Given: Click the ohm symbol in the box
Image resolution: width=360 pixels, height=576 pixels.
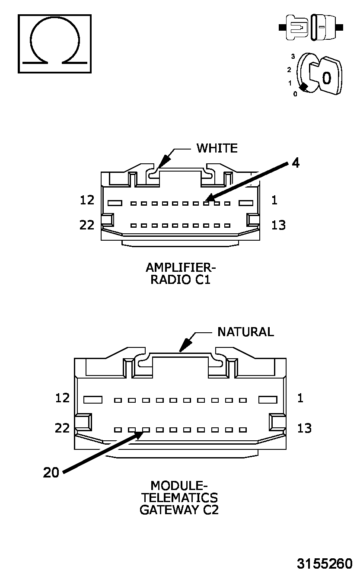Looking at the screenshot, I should pos(54,43).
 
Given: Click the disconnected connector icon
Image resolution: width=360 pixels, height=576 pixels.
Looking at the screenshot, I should pos(311,27).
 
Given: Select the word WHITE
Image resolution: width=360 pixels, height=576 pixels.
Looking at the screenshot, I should pos(217,148).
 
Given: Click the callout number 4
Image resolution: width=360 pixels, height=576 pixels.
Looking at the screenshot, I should pos(295,163).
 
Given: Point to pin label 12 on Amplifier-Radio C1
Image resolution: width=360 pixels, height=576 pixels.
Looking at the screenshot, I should pos(87,200).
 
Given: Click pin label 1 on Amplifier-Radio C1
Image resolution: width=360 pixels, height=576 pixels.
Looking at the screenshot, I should pos(274,200).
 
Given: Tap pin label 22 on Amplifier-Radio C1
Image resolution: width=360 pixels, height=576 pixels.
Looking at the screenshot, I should pos(87,225).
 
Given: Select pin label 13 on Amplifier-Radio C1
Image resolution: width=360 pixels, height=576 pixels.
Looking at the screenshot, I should pos(279,225).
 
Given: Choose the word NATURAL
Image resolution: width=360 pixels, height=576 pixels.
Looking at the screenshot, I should pos(245,332).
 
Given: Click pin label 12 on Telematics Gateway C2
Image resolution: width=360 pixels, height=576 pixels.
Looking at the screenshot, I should pos(63,398).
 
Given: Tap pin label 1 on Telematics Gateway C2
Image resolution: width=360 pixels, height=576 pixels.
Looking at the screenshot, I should pos(300,398).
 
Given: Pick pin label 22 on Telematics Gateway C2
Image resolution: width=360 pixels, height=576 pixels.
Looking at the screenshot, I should pos(63,428).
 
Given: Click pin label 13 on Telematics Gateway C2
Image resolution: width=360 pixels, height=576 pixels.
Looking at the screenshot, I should pos(305,428).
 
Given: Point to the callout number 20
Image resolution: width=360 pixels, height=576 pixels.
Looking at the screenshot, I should pos(51,473).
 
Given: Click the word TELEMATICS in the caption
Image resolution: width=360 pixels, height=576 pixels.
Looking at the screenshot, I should pos(179,498).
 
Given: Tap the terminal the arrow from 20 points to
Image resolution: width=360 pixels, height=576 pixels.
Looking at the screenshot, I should pos(146,430).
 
